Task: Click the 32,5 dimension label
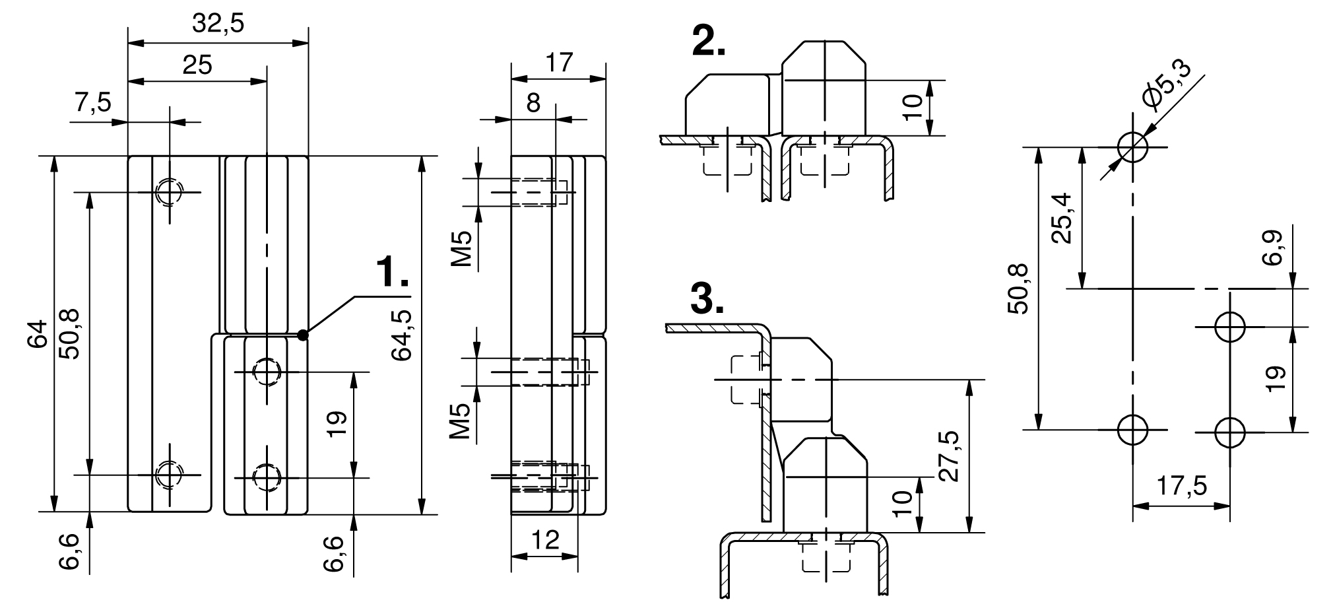(x=218, y=24)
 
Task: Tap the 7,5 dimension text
(x=92, y=104)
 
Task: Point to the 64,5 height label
(x=401, y=334)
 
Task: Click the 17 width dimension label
(x=558, y=63)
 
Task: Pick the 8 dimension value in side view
(x=534, y=103)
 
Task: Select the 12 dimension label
(x=544, y=540)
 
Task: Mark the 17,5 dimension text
(x=1181, y=486)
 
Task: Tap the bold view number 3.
(x=707, y=298)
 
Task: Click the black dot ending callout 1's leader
(x=303, y=335)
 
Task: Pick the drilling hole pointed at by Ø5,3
(x=1132, y=147)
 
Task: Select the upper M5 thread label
(x=463, y=250)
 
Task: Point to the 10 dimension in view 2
(x=911, y=108)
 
